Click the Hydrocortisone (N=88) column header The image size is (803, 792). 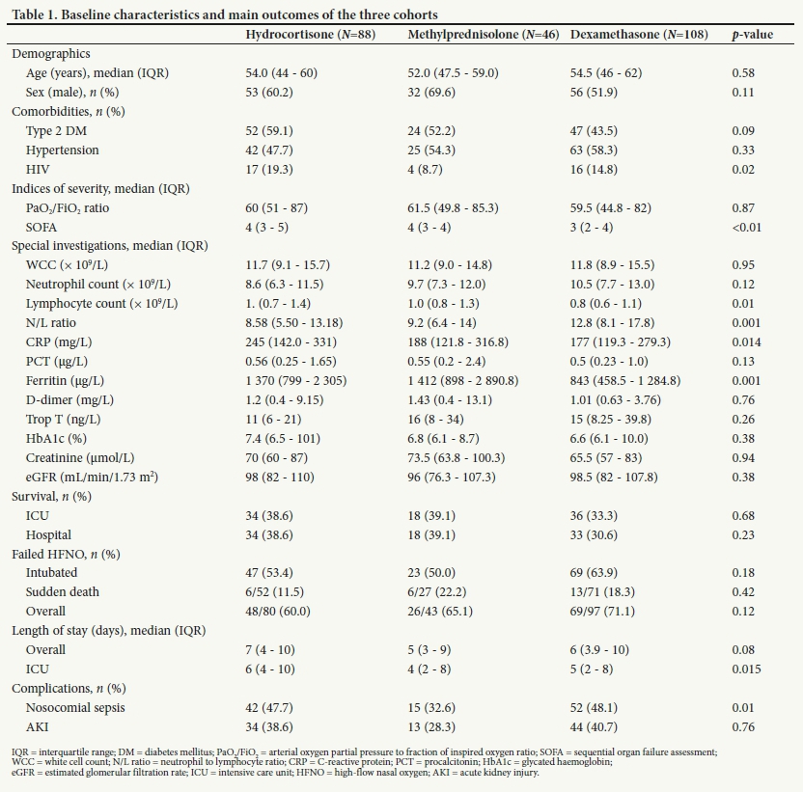point(310,34)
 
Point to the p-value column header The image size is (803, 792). point(753,34)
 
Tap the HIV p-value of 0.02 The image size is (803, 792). point(743,169)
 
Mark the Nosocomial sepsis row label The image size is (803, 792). point(75,707)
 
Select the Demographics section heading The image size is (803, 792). point(51,54)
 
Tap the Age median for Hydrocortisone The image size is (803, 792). point(281,73)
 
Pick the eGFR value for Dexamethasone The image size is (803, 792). point(613,477)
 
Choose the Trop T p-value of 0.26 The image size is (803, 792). point(743,420)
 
